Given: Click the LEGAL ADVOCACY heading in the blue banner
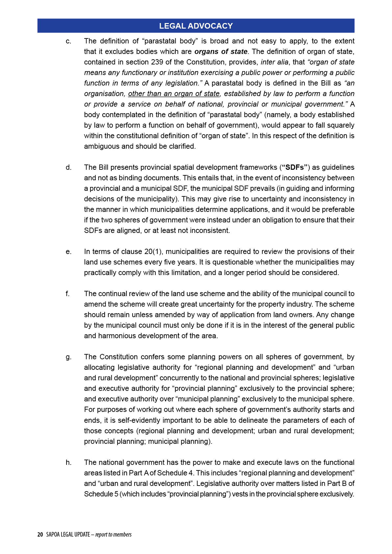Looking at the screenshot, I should (x=196, y=26).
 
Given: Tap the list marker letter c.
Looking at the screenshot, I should (x=68, y=41).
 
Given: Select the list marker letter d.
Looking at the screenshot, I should (x=68, y=167).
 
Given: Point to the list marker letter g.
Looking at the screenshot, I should (x=68, y=357).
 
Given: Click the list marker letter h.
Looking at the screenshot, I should (x=68, y=463).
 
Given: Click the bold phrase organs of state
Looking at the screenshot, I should (x=221, y=52).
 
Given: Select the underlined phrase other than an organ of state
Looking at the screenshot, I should (x=174, y=94).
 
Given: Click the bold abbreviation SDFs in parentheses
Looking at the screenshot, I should (x=295, y=167).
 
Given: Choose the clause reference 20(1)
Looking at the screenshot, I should (x=153, y=252).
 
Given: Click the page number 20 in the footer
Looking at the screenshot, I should (x=40, y=535).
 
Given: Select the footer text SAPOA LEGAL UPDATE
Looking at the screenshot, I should (x=68, y=535).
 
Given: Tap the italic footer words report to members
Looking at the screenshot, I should (x=114, y=535).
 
